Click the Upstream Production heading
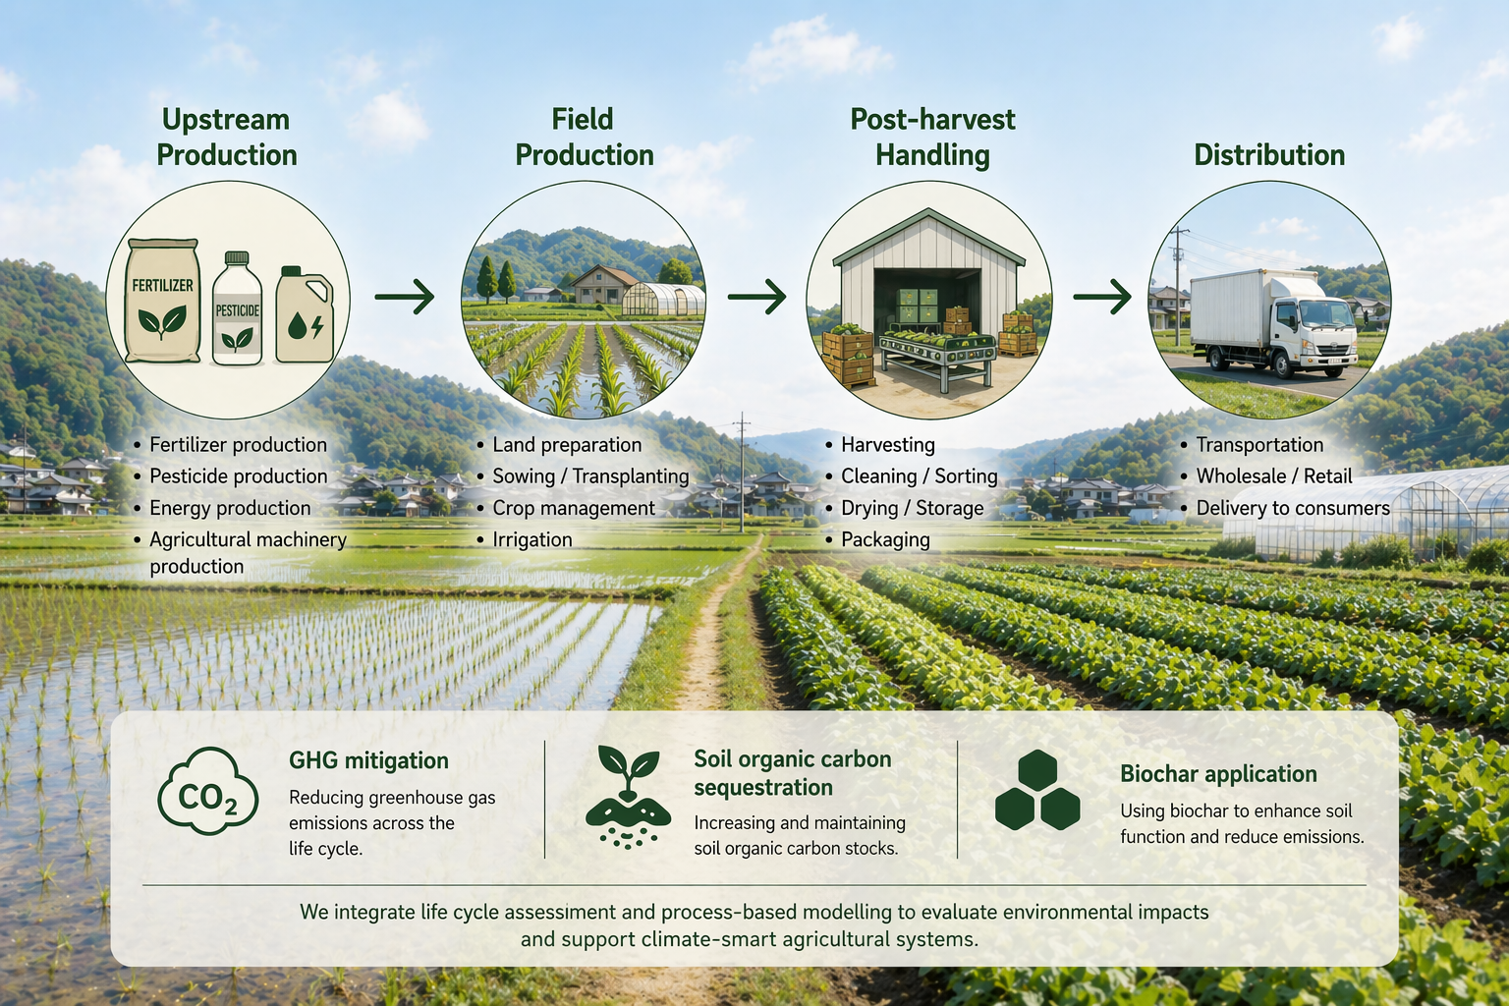[226, 137]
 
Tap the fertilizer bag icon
[162, 300]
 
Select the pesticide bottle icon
[237, 308]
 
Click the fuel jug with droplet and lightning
[305, 314]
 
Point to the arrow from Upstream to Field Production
[404, 296]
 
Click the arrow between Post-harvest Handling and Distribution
[1102, 296]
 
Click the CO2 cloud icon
[208, 791]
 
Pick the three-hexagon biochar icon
[1037, 790]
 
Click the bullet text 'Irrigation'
[532, 539]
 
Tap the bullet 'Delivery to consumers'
[1293, 507]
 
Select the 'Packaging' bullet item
[885, 539]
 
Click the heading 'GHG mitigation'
[368, 760]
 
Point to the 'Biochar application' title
[1218, 773]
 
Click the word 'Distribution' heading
[1269, 155]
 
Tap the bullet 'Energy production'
[230, 508]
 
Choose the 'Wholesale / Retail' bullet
[1274, 475]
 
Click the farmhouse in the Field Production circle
[604, 284]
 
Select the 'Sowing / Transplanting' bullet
[590, 476]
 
